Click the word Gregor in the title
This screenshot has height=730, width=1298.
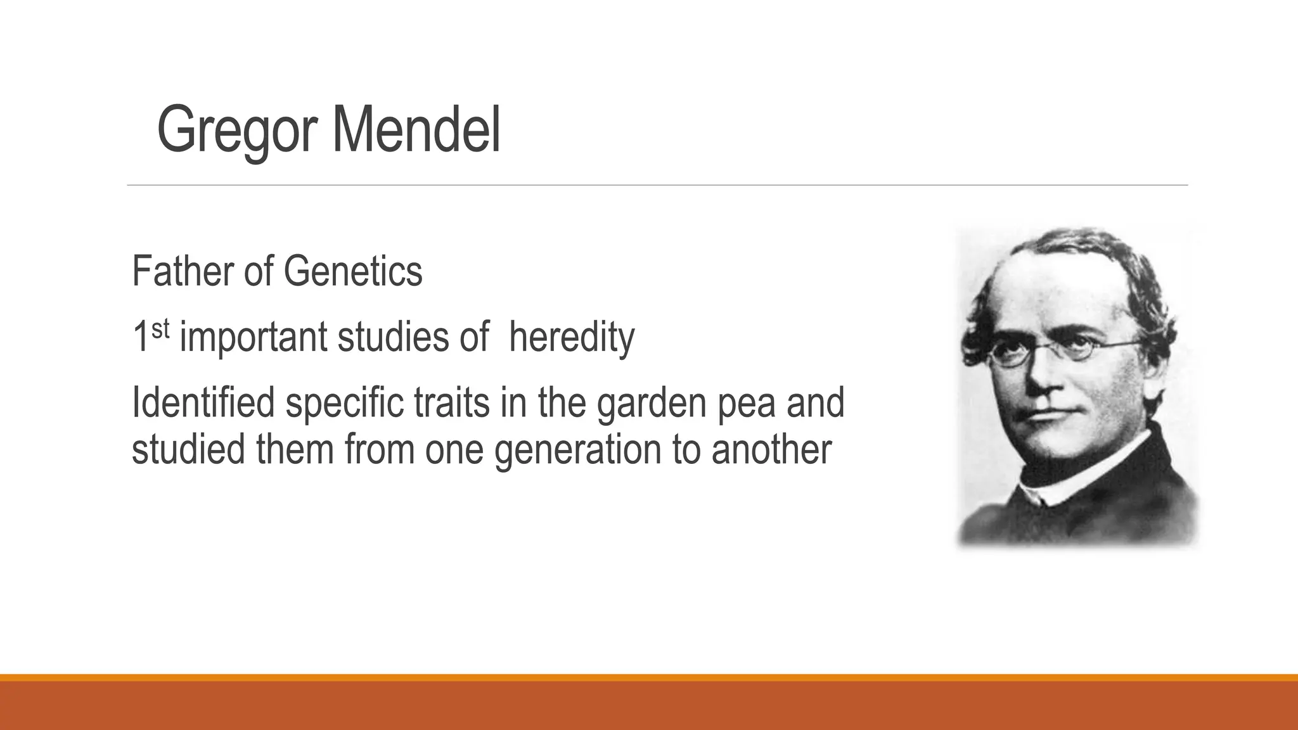pyautogui.click(x=237, y=131)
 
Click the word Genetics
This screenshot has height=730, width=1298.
pyautogui.click(x=352, y=271)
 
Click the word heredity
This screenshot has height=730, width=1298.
pyautogui.click(x=571, y=337)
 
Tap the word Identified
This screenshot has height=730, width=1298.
pyautogui.click(x=203, y=402)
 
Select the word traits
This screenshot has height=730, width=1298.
pyautogui.click(x=452, y=402)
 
